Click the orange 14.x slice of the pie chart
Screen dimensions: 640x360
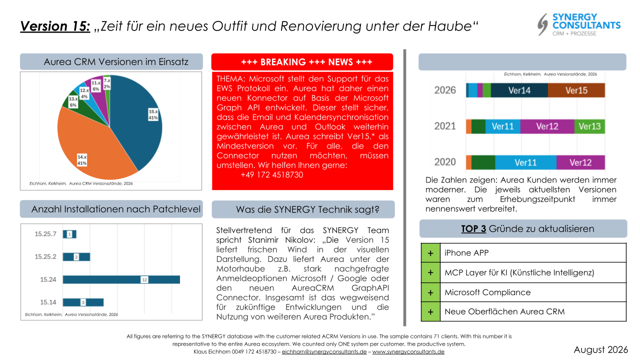(91, 143)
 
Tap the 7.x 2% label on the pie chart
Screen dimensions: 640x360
(107, 83)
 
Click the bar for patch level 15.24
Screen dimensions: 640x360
(121, 279)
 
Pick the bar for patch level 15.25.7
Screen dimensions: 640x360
(69, 234)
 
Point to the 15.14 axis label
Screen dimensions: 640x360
(48, 302)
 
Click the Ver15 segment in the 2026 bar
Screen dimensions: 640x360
(576, 90)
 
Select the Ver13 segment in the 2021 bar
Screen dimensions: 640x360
(589, 126)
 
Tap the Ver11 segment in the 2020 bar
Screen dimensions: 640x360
(525, 162)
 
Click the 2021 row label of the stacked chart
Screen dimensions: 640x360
(445, 126)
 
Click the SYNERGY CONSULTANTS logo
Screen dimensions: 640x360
(579, 24)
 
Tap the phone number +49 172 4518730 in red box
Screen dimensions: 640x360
(271, 175)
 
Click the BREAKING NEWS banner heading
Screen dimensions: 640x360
(306, 62)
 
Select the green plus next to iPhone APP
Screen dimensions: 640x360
(430, 253)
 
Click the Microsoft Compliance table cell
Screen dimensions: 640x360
(533, 292)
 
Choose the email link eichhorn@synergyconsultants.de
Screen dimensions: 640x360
(324, 351)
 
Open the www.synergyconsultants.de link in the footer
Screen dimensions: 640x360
(408, 351)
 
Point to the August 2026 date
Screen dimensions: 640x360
(600, 349)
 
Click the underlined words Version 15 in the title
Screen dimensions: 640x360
(55, 26)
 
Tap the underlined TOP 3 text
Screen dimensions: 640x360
(473, 229)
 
